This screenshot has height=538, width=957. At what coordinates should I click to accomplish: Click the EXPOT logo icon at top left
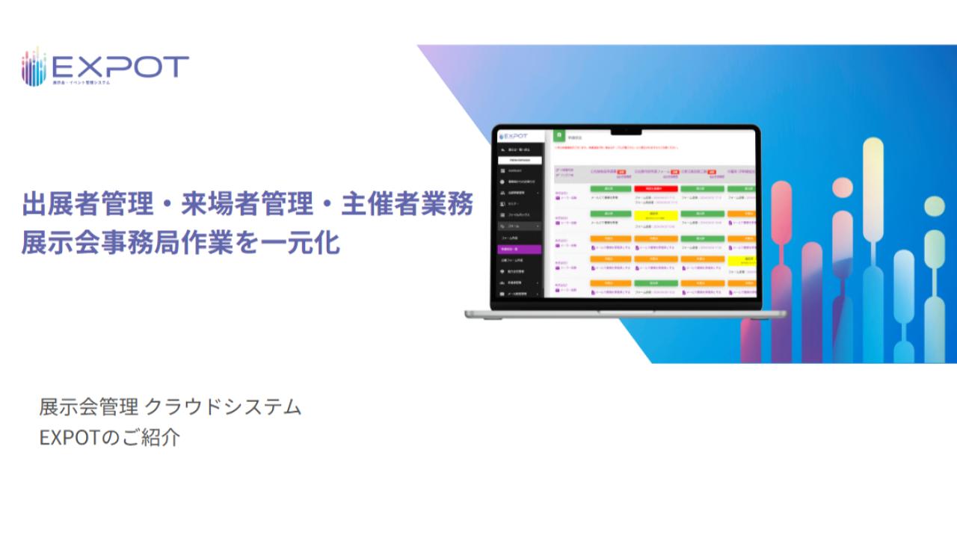pyautogui.click(x=34, y=67)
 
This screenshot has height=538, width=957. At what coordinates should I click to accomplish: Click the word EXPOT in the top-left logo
pyautogui.click(x=120, y=67)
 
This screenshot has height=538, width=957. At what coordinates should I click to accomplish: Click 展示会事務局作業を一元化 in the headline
pyautogui.click(x=180, y=243)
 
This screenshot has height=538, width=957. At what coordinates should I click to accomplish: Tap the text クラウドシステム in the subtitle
pyautogui.click(x=223, y=407)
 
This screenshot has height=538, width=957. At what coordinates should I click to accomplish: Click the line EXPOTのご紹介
pyautogui.click(x=110, y=437)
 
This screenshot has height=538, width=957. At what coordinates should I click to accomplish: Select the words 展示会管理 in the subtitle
pyautogui.click(x=88, y=407)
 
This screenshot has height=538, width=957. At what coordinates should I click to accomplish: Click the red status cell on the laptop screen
pyautogui.click(x=656, y=189)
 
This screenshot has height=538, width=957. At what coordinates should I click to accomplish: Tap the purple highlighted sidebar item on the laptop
pyautogui.click(x=518, y=249)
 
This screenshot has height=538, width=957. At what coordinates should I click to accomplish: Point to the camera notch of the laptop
pyautogui.click(x=626, y=132)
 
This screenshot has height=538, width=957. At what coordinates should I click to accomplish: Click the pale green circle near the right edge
pyautogui.click(x=934, y=205)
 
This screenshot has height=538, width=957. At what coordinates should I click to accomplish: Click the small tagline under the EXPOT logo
pyautogui.click(x=81, y=82)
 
